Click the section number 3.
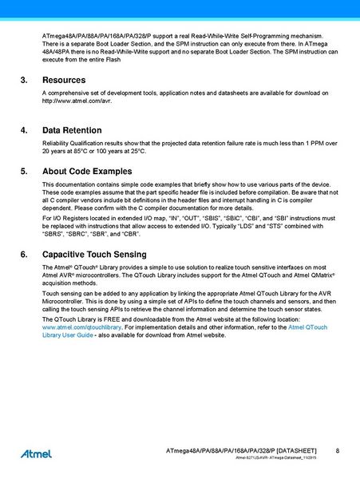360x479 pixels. coord(23,81)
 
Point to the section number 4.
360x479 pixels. coord(23,129)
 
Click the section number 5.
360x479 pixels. coord(23,171)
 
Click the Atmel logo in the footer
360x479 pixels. coord(36,453)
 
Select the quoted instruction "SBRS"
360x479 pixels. coord(54,235)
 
